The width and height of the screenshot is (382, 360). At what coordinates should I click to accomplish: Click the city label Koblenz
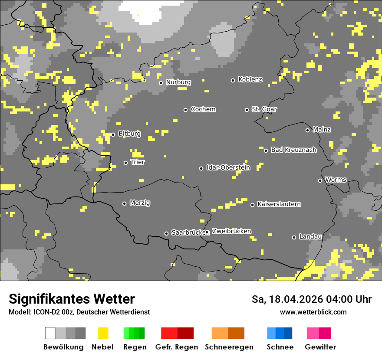coord(250,80)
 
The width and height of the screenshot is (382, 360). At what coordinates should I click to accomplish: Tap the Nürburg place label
coord(178,82)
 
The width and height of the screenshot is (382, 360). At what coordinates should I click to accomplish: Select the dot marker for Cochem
coord(185,110)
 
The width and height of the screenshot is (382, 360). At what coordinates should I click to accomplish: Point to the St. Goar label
coord(264,109)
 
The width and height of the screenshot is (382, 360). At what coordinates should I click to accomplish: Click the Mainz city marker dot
coord(307,130)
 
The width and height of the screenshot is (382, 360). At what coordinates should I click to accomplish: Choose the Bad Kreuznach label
coord(293,150)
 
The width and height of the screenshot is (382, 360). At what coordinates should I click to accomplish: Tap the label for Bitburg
coord(129,134)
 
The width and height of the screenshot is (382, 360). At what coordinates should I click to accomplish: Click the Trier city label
coord(138,162)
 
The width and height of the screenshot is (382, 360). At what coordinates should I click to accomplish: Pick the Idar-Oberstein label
coord(228,168)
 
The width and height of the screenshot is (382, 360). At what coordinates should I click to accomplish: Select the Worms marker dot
coord(320,180)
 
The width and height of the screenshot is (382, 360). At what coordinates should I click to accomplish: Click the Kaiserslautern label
coord(279,204)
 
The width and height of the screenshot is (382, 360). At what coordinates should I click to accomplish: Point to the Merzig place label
coord(140,203)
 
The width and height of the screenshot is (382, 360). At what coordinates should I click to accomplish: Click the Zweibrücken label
coord(231,232)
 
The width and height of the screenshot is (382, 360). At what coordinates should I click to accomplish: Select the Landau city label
coord(310,237)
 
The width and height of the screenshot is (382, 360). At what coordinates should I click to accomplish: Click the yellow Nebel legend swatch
coord(103,333)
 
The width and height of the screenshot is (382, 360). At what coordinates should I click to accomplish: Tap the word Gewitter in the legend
coord(320,347)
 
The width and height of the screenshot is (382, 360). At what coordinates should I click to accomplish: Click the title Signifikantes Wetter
coord(72,299)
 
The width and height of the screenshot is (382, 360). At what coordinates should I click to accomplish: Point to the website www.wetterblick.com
coord(313,312)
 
